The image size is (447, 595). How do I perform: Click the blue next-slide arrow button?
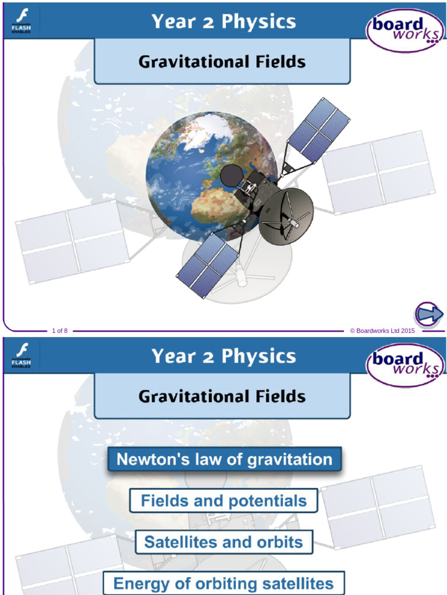tap(429, 315)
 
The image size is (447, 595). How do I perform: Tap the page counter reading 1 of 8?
tap(60, 331)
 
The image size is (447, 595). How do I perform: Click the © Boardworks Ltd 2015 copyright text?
tap(382, 331)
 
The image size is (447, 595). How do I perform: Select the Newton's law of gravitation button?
tap(224, 460)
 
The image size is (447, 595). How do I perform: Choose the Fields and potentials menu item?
tap(223, 500)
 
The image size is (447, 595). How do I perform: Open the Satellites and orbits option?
tap(223, 542)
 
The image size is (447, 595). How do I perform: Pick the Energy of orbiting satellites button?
tap(223, 583)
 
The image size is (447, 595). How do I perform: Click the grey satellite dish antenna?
tap(286, 216)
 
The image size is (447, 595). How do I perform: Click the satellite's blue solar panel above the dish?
tap(318, 131)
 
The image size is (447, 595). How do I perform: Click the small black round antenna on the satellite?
tap(232, 175)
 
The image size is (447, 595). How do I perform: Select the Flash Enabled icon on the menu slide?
tap(22, 356)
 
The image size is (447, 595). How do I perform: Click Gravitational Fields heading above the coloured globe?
tap(222, 62)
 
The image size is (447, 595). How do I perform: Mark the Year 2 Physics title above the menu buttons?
tap(223, 356)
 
